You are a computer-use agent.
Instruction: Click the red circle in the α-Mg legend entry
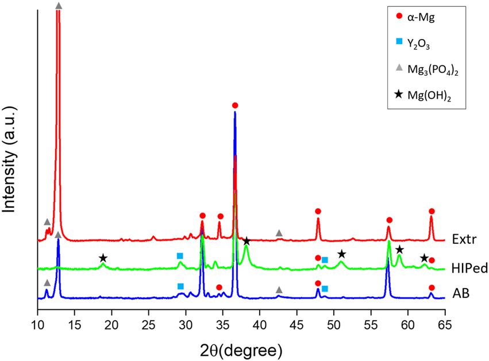coord(400,18)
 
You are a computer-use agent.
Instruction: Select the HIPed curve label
coord(466,268)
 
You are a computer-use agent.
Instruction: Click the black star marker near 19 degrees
coord(103,258)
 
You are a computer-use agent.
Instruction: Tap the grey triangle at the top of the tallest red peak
coord(59,6)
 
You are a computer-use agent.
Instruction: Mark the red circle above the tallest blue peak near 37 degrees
coord(235,106)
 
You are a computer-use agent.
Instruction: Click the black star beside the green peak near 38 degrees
coord(247,241)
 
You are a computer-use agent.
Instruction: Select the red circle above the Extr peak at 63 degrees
coord(432,211)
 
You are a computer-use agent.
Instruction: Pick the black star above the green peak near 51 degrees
coord(341,254)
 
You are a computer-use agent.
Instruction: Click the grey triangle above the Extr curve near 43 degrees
coord(279,233)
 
